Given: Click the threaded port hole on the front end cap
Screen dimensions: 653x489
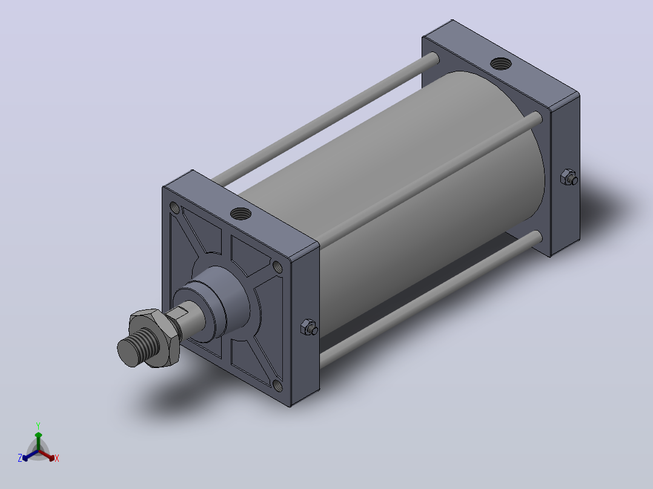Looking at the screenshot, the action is (x=240, y=214).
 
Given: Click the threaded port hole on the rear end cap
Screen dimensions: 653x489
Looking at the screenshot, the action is (x=501, y=64).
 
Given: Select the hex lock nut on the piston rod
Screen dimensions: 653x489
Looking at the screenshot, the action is (x=155, y=338).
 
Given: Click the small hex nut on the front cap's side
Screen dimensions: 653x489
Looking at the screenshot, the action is (x=309, y=327).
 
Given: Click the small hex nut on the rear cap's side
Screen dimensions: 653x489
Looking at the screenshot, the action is (x=569, y=177).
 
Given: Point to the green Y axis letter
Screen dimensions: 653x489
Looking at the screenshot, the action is (x=38, y=426).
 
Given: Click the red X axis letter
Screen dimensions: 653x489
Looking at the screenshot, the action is (x=57, y=458).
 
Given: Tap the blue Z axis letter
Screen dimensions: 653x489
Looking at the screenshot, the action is (x=20, y=458).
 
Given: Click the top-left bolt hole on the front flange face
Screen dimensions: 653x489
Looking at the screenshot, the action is (x=175, y=208).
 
